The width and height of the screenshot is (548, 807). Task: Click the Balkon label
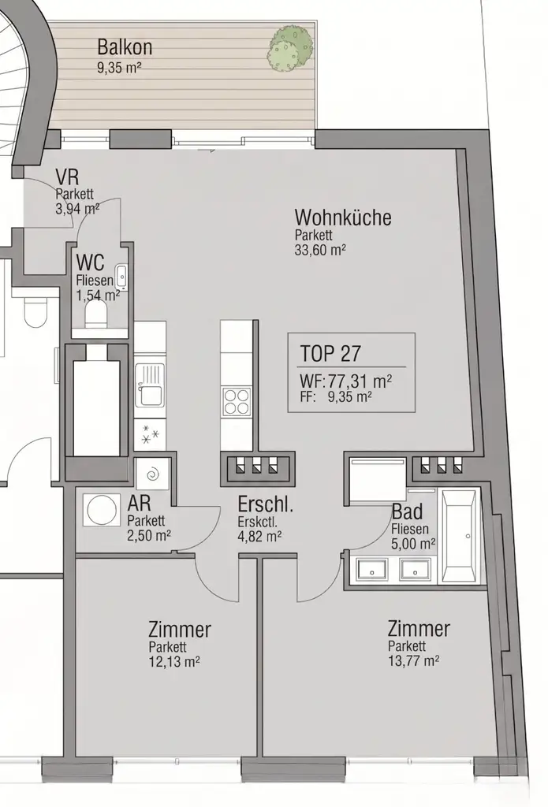(125, 47)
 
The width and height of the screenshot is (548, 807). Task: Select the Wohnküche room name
(342, 218)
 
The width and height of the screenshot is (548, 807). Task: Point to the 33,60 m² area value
(321, 249)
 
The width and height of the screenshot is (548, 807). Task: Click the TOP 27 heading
(330, 352)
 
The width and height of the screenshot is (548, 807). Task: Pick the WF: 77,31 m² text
(345, 381)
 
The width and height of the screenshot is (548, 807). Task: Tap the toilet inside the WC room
(95, 315)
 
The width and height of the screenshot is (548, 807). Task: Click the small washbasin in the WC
(121, 277)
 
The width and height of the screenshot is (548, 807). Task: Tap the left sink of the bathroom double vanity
(369, 568)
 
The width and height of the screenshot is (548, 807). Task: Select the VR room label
(66, 177)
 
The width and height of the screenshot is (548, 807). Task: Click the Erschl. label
(266, 504)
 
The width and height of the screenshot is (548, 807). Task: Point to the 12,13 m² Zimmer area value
(173, 662)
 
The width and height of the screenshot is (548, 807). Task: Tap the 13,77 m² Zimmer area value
(413, 661)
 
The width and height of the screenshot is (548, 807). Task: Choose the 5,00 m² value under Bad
(413, 544)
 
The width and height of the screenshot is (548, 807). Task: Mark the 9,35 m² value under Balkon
(119, 69)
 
